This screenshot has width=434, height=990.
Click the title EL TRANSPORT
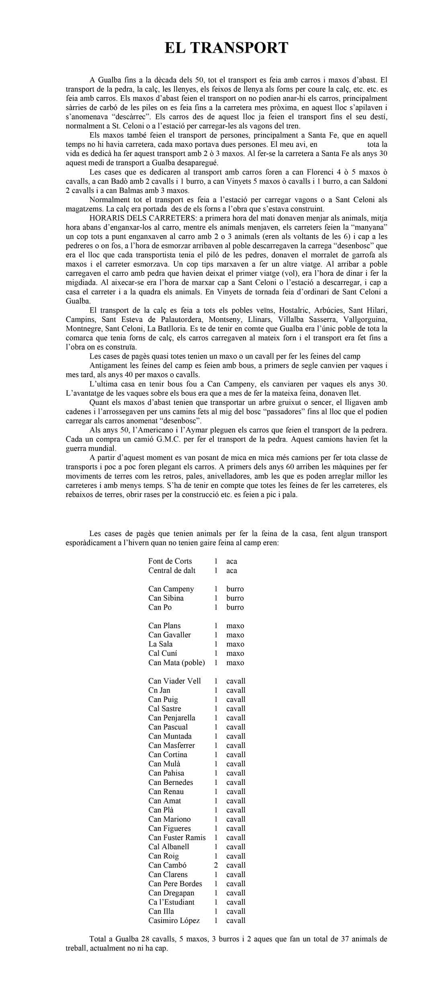pos(226,48)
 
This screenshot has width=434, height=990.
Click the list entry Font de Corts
pos(170,561)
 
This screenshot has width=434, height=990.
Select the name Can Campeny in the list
pos(171,589)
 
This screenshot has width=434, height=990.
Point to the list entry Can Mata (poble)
pos(176,662)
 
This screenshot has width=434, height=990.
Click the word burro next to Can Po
pos(235,607)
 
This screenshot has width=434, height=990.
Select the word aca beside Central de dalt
pos(231,570)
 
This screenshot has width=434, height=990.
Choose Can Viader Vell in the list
pos(174,681)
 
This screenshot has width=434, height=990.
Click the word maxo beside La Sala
pos(235,644)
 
